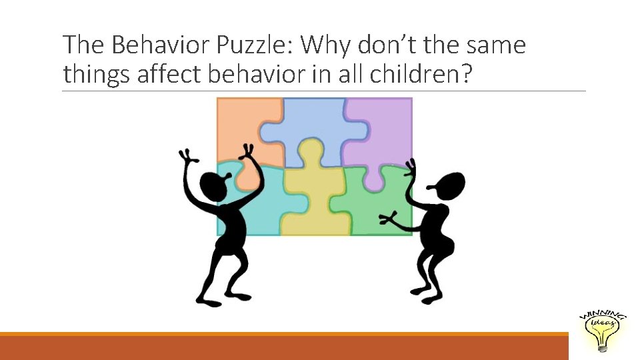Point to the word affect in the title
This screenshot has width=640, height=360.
tap(169, 75)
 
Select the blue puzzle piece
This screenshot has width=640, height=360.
tap(313, 127)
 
